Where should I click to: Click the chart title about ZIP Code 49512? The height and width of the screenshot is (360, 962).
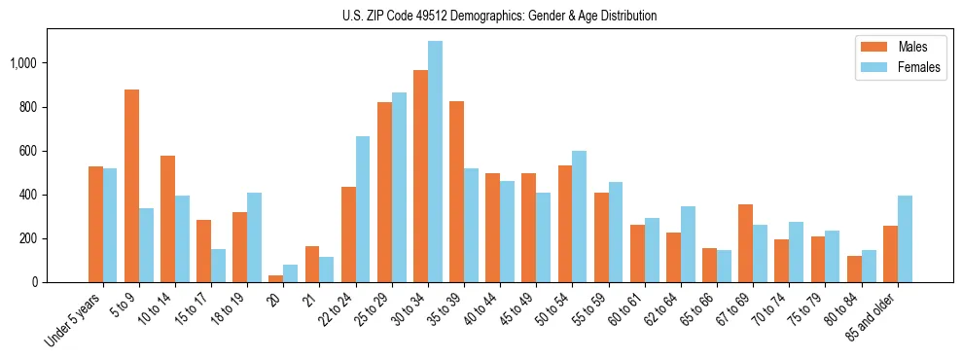[499, 16]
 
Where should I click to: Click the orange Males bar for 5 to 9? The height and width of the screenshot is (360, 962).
[131, 186]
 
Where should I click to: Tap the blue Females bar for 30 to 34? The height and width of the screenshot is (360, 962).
[435, 162]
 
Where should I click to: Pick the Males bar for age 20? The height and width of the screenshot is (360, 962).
[276, 278]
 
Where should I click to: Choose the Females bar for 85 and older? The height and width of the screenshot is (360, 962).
[905, 239]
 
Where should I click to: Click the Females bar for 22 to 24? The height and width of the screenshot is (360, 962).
[363, 209]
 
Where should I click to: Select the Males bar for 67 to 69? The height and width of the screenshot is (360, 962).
[745, 243]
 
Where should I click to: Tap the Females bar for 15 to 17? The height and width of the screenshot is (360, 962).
[218, 266]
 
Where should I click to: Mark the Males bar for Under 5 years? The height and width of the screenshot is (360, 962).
[95, 225]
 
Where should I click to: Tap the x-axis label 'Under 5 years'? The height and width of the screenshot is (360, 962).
[76, 321]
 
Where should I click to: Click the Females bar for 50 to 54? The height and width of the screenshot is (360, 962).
[579, 217]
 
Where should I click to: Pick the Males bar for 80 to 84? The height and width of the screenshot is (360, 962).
[853, 270]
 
